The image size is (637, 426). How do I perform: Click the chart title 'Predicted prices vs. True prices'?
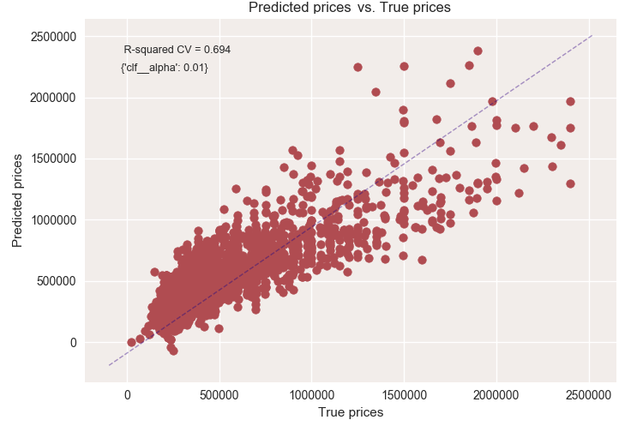(349, 9)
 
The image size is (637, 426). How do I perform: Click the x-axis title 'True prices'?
(350, 412)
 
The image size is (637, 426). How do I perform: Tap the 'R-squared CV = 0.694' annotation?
(177, 50)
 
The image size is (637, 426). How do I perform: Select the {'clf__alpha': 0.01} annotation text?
(165, 67)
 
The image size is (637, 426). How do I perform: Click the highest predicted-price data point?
(478, 51)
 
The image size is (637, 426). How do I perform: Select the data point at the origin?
(131, 342)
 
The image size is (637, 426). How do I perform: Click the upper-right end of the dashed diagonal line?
(592, 36)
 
